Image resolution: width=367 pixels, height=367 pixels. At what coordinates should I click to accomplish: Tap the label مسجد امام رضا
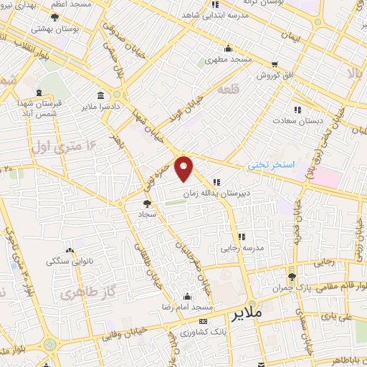(x=187, y=307)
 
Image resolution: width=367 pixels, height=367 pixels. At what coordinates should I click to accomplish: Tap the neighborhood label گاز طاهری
(x=79, y=294)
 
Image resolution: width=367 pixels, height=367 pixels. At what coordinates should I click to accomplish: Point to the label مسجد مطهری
(x=227, y=60)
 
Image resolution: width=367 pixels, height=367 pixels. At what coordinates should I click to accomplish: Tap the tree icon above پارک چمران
(x=291, y=276)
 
